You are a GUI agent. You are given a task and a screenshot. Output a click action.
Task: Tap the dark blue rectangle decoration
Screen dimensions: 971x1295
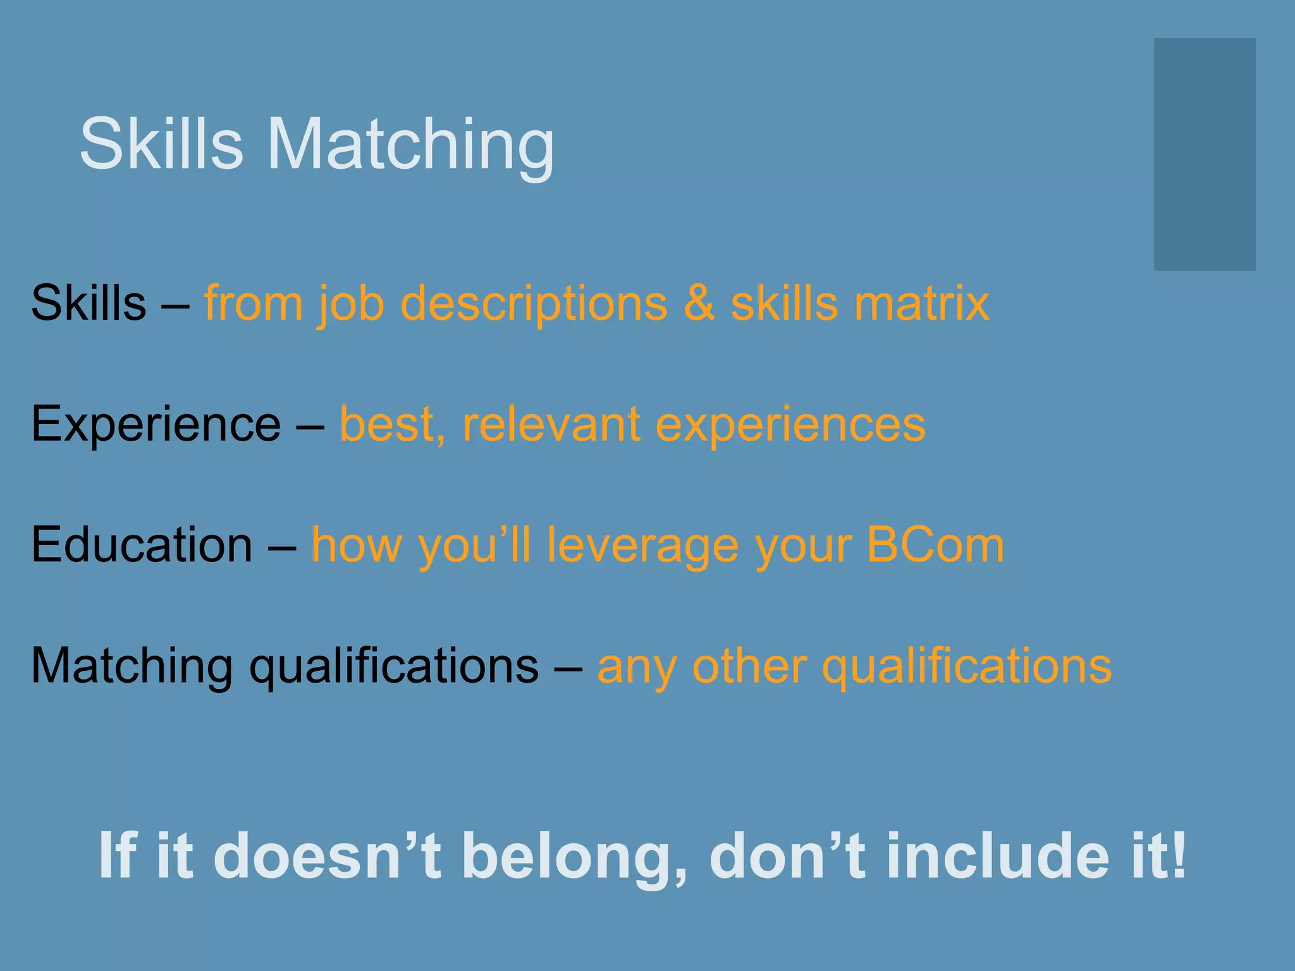1204,154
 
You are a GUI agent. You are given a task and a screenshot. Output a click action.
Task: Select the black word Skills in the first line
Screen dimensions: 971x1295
89,303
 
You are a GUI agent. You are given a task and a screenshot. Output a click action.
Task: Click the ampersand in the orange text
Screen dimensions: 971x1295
699,303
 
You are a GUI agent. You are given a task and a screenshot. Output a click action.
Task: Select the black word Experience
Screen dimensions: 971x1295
156,424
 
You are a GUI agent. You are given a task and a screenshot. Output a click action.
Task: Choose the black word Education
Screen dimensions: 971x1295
142,544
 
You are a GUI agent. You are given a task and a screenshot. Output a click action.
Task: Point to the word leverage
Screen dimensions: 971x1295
642,546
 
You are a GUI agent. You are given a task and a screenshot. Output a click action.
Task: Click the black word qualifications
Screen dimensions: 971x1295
393,666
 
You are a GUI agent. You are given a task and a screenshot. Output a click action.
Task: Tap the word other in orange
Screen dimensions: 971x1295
749,666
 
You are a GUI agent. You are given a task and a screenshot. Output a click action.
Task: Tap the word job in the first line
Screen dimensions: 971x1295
352,304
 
